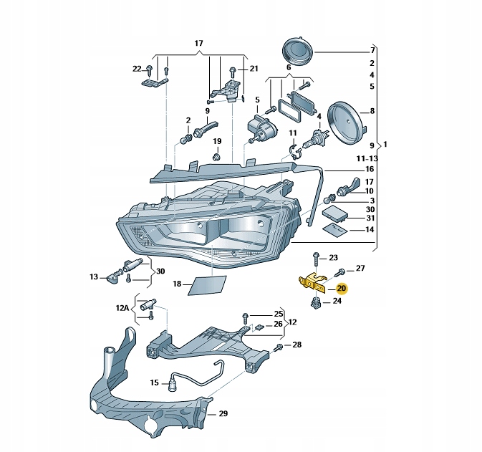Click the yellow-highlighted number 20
click(x=342, y=289)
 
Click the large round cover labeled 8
click(x=346, y=121)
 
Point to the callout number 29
click(x=223, y=414)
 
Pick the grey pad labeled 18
click(x=206, y=285)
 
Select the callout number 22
click(x=138, y=69)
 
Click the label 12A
click(x=122, y=308)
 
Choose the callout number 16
click(x=370, y=169)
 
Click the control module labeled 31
click(x=335, y=212)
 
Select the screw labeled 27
click(x=342, y=271)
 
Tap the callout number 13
click(x=93, y=277)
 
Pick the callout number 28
click(x=297, y=345)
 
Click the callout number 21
click(x=253, y=69)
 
